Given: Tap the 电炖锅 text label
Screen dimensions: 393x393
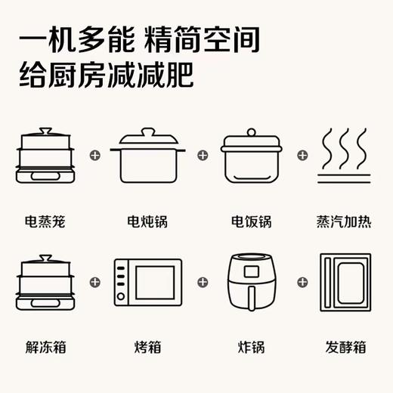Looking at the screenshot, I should pyautogui.click(x=147, y=222).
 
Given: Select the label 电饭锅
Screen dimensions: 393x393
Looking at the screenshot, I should pyautogui.click(x=251, y=222).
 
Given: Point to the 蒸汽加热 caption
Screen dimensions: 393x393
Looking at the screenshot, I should pyautogui.click(x=345, y=222).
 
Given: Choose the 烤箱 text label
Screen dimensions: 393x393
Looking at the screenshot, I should pyautogui.click(x=147, y=348).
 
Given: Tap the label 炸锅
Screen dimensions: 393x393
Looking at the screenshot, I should pyautogui.click(x=251, y=348).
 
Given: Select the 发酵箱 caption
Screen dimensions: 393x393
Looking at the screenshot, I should pyautogui.click(x=345, y=348).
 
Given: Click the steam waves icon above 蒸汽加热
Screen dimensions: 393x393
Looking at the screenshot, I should pyautogui.click(x=345, y=157).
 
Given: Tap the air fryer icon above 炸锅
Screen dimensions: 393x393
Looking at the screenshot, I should pyautogui.click(x=251, y=281).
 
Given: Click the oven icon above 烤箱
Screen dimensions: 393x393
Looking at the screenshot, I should pyautogui.click(x=147, y=283).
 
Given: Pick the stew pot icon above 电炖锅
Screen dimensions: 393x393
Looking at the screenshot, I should pyautogui.click(x=147, y=156).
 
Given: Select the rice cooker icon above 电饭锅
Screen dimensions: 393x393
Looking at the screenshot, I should pyautogui.click(x=251, y=156).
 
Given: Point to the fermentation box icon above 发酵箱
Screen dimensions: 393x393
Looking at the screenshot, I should pyautogui.click(x=345, y=282).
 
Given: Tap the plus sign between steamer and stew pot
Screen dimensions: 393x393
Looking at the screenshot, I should pyautogui.click(x=94, y=156).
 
